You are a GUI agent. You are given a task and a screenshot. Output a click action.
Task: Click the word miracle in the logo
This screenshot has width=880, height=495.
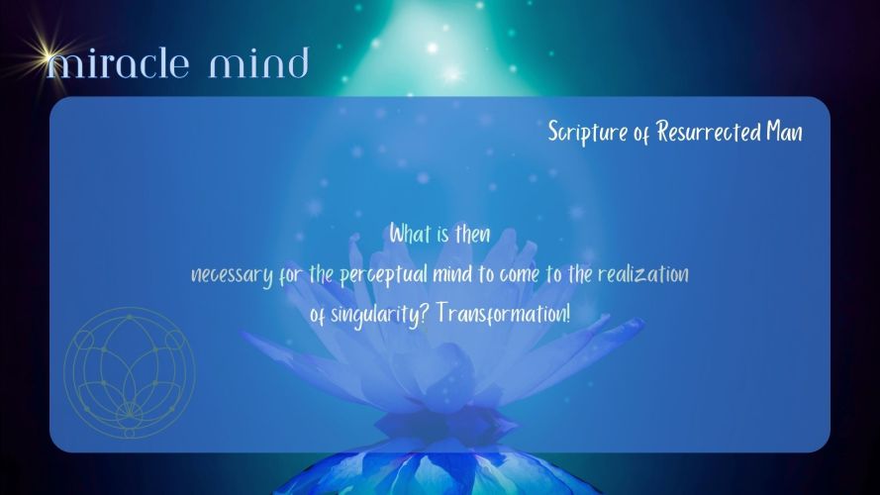coord(118,63)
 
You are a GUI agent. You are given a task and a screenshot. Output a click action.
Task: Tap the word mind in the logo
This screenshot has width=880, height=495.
coord(258,62)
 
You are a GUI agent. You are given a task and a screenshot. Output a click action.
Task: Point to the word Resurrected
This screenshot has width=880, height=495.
coord(708,132)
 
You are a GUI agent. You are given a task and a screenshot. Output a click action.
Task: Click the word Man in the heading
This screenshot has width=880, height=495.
coord(785,132)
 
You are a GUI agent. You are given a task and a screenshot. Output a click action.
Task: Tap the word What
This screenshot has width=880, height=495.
coord(410,234)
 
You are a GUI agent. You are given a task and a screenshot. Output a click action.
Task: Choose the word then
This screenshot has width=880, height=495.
coord(472,234)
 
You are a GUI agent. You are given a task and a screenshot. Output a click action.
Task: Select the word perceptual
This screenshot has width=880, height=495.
coord(383,275)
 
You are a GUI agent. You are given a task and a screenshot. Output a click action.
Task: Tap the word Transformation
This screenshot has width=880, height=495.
coord(501,313)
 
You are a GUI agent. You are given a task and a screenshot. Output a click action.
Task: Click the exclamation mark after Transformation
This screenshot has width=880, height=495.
coord(568,313)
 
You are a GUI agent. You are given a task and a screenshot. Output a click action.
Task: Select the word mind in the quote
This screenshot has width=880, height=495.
coord(452,274)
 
